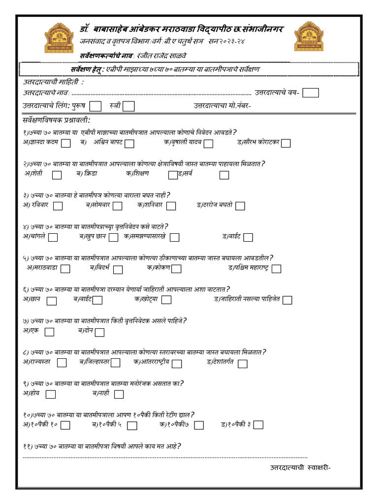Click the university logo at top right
[x=309, y=37]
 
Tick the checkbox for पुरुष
[x=96, y=106]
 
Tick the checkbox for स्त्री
[x=128, y=106]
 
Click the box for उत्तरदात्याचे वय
[x=311, y=93]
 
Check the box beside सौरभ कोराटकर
[x=285, y=143]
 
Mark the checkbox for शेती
[x=57, y=175]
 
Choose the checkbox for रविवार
[x=58, y=206]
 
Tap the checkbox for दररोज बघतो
[x=240, y=206]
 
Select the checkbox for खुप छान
[x=114, y=237]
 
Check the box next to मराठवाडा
[x=65, y=268]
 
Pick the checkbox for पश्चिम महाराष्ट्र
[x=276, y=269]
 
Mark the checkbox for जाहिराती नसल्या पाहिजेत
[x=287, y=300]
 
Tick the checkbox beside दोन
[x=99, y=332]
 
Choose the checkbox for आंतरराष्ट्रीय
[x=177, y=363]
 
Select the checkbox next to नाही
[x=119, y=394]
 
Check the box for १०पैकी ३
[x=258, y=425]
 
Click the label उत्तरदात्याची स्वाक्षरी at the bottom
[x=300, y=467]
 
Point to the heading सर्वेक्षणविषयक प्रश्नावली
[x=57, y=120]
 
